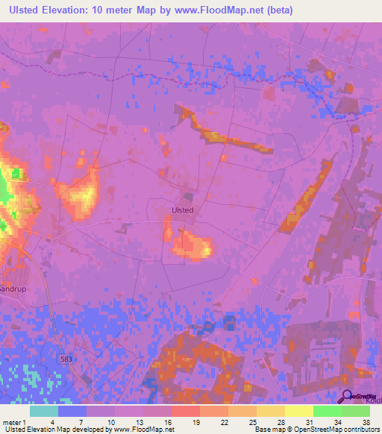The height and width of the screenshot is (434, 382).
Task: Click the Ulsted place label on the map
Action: click(x=183, y=210)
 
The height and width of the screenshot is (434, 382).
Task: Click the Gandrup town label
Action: click(x=13, y=289)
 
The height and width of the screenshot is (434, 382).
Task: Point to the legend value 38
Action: click(x=366, y=422)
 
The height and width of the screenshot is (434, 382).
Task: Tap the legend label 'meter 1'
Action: click(x=15, y=422)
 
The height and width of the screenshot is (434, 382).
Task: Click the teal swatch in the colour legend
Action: click(x=44, y=411)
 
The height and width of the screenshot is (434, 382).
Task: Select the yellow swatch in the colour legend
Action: click(x=299, y=411)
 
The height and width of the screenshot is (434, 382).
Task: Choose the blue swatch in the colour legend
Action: click(x=72, y=411)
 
